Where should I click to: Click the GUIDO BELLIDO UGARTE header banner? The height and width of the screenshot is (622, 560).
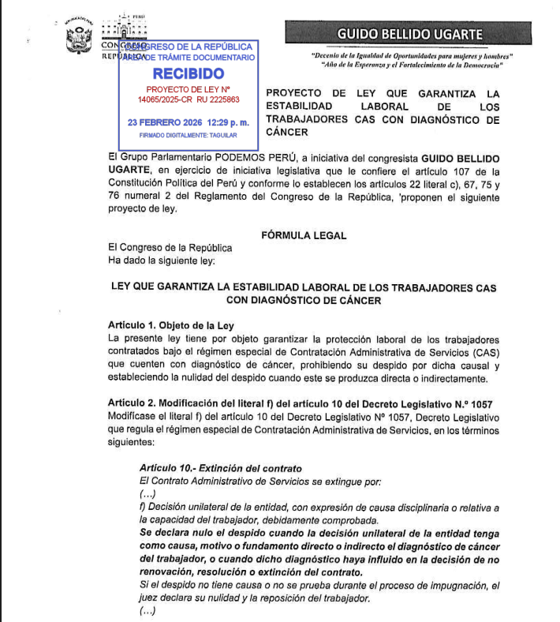coord(410,34)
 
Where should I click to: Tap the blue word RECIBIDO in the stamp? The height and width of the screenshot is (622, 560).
coord(189,73)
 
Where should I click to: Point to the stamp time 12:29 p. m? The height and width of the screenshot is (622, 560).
coord(228,123)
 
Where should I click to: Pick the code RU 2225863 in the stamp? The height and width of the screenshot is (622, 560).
coord(217,100)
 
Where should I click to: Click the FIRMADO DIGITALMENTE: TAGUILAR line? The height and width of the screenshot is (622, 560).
coord(188,136)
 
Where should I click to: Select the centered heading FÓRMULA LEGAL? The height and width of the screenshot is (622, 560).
coord(304,235)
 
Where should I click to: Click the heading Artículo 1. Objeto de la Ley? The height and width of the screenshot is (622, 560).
coord(171,326)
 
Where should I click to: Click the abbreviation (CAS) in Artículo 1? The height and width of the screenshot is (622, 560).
coord(483,352)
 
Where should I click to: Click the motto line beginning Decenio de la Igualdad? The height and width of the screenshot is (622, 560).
coord(412,56)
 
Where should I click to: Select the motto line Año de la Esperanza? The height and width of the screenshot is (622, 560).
coord(412,66)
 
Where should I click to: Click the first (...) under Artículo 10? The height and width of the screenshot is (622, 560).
coord(147,493)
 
